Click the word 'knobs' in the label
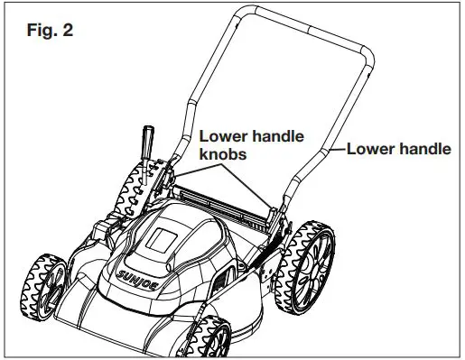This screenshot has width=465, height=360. pyautogui.click(x=225, y=154)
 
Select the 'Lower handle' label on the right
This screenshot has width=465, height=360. pyautogui.click(x=398, y=149)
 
